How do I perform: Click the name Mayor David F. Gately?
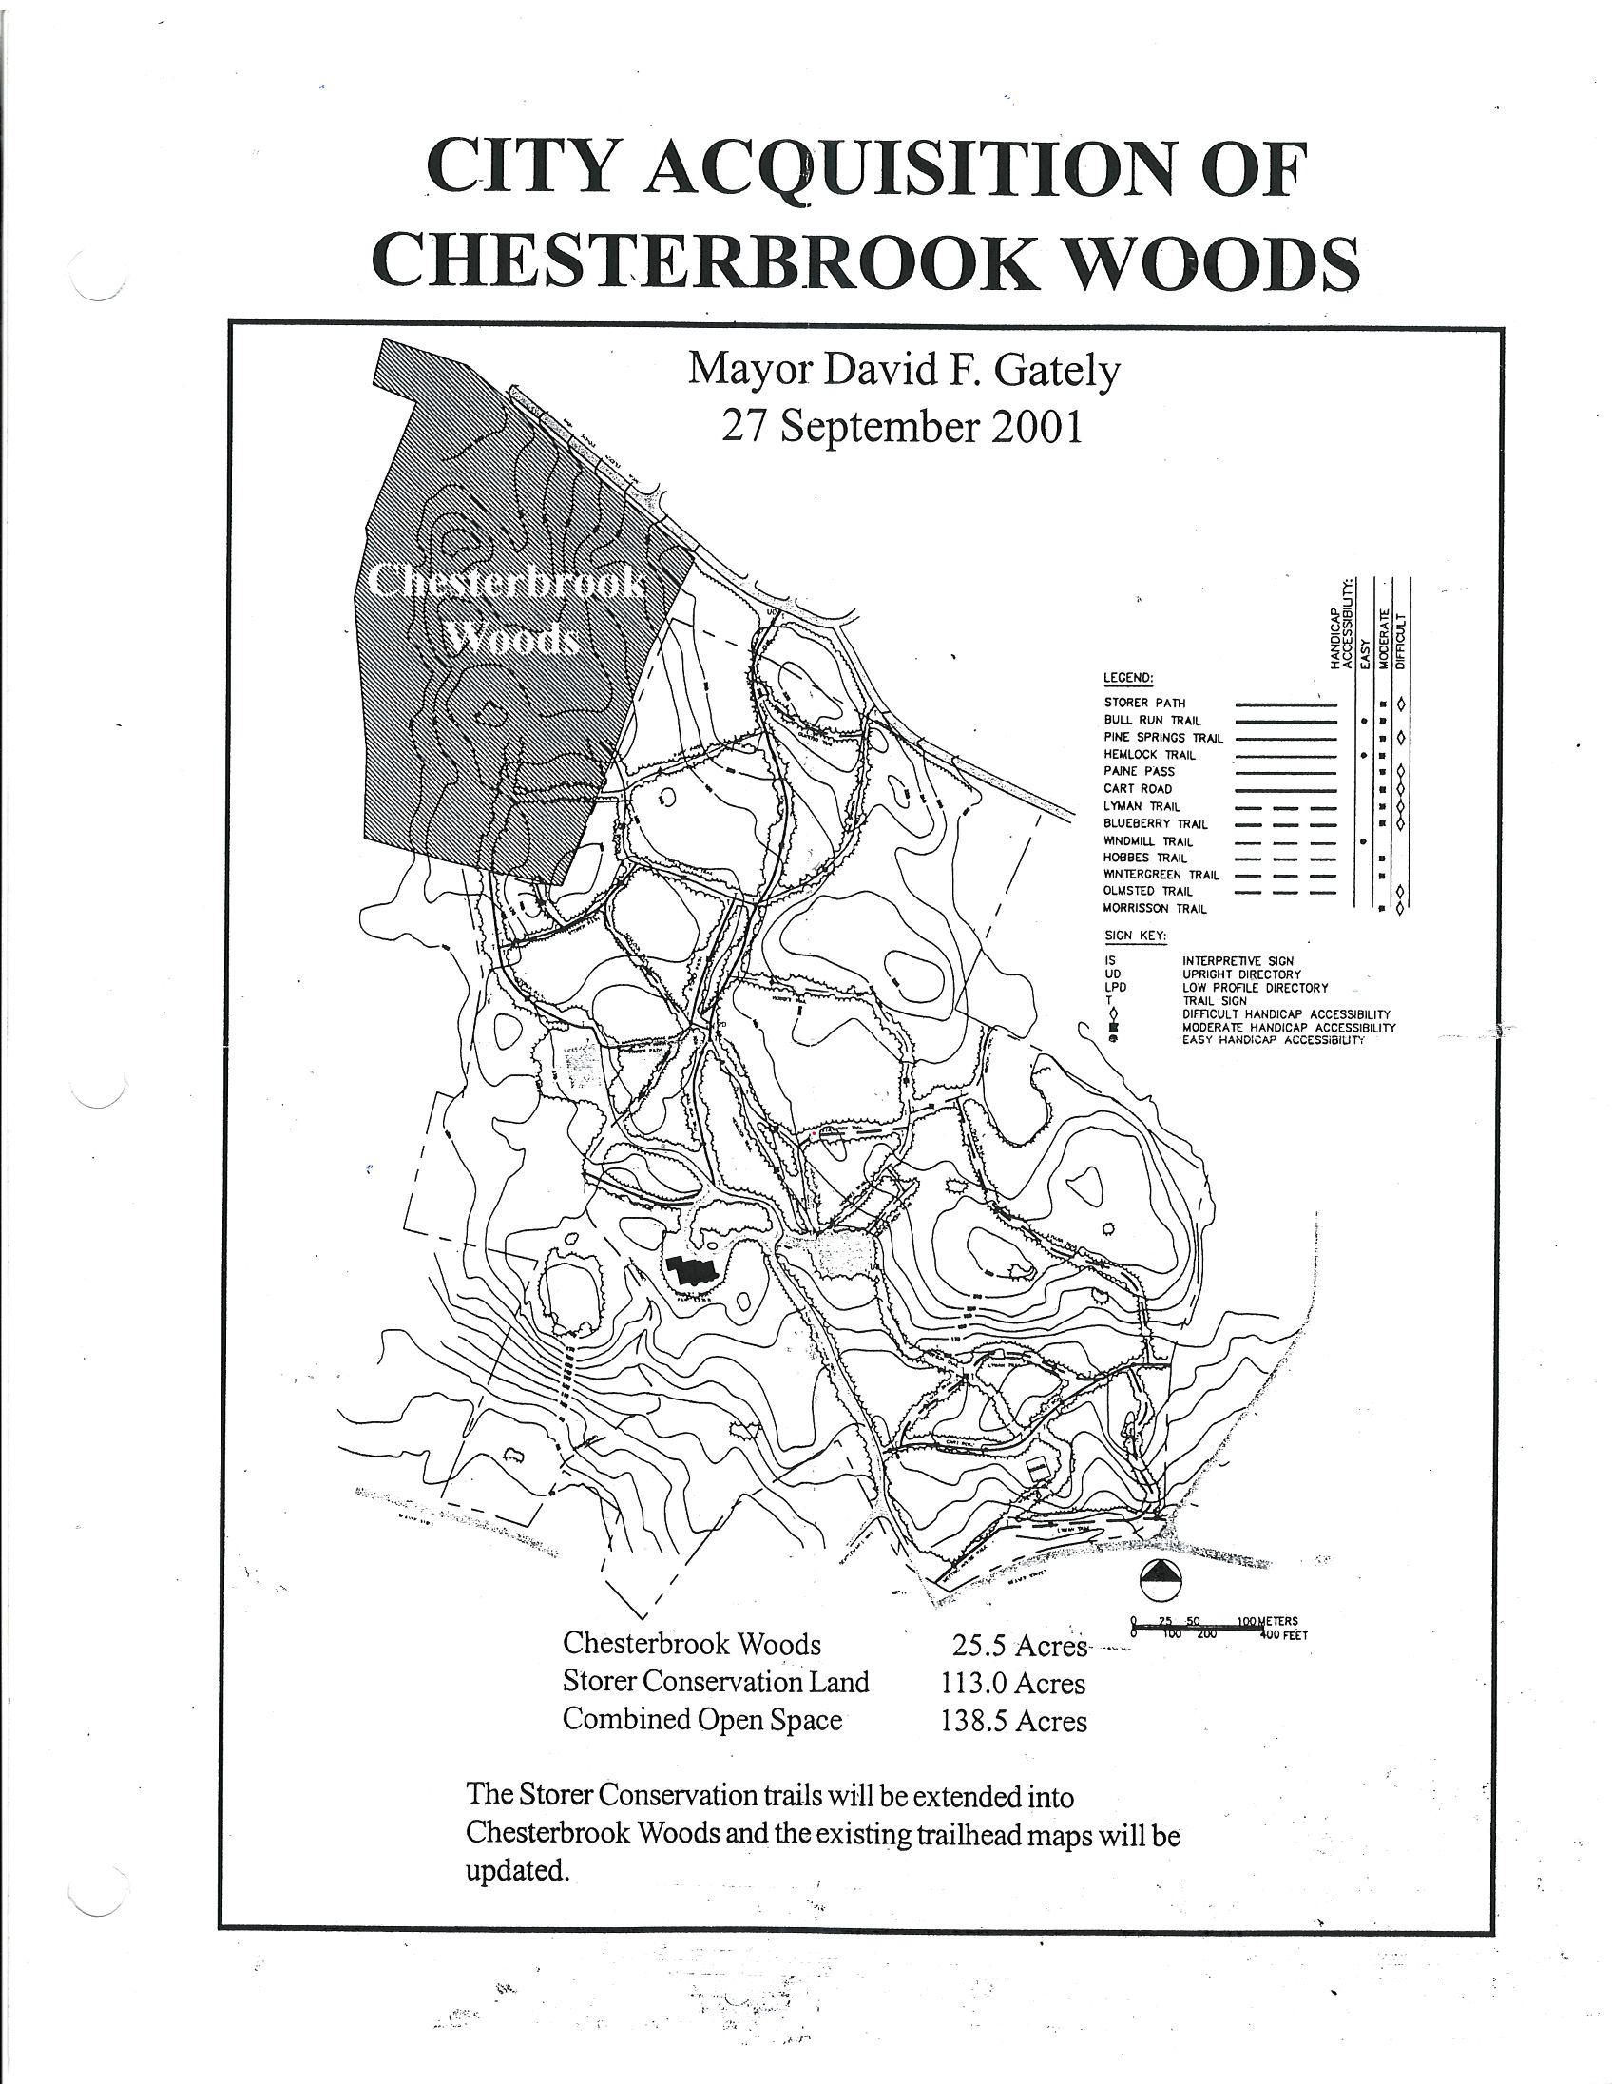point(903,370)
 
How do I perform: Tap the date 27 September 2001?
point(901,427)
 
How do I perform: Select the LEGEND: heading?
point(1128,679)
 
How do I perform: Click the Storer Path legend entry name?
point(1143,703)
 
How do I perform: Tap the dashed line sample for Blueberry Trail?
point(1284,823)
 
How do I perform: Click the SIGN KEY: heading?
point(1135,936)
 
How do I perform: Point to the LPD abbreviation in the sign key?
point(1115,988)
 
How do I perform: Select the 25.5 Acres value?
point(1018,1646)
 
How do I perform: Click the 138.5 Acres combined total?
point(1013,1721)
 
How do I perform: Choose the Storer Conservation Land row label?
point(716,1681)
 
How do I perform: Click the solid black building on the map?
point(693,1270)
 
